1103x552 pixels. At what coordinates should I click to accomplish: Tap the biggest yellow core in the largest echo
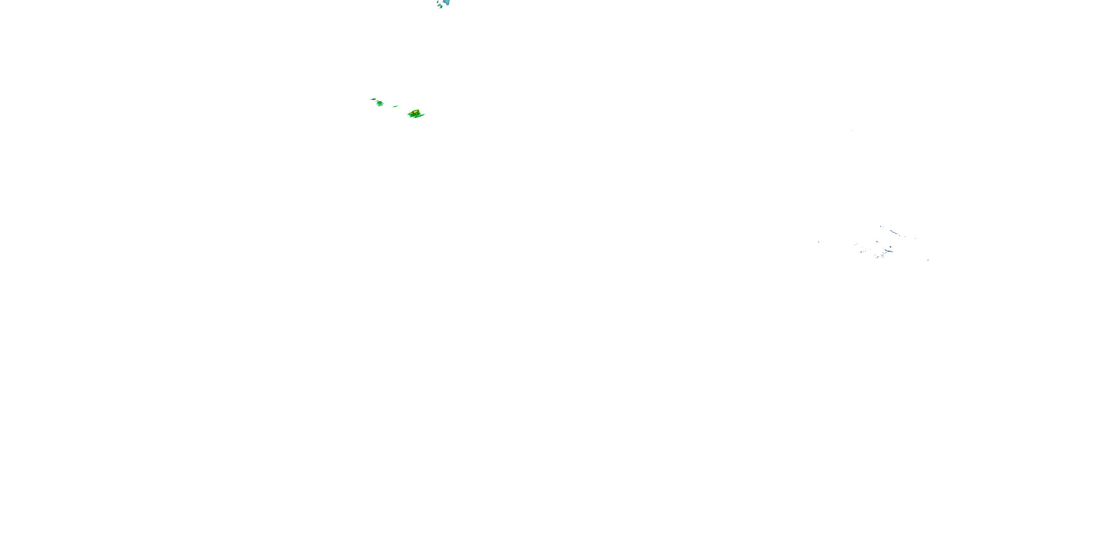(x=416, y=112)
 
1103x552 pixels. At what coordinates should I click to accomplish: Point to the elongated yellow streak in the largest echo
(x=411, y=114)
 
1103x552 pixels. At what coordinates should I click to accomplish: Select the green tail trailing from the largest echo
(x=421, y=116)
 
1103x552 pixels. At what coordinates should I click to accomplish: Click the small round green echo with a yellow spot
(x=380, y=104)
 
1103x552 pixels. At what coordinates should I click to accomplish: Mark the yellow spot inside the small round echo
(x=380, y=102)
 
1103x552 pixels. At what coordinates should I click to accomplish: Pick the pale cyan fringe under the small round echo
(x=379, y=106)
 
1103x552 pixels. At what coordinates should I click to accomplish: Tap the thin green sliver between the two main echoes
(x=396, y=107)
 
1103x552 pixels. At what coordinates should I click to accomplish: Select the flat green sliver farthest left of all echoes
(x=374, y=99)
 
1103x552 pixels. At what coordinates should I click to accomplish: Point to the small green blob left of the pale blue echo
(x=438, y=2)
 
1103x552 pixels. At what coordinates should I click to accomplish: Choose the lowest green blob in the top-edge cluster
(x=442, y=7)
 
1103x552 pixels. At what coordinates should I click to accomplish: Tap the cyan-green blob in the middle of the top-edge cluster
(x=439, y=5)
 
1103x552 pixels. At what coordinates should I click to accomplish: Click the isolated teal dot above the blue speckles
(x=852, y=130)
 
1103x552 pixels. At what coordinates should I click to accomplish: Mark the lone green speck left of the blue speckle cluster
(x=819, y=242)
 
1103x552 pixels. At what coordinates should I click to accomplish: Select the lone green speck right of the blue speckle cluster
(x=928, y=260)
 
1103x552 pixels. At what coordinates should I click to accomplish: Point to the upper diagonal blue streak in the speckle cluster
(x=894, y=232)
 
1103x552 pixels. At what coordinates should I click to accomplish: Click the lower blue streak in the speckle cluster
(x=889, y=251)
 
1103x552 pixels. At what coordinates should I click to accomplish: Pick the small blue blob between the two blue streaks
(x=890, y=247)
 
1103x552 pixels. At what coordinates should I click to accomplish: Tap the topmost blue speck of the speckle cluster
(x=881, y=226)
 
